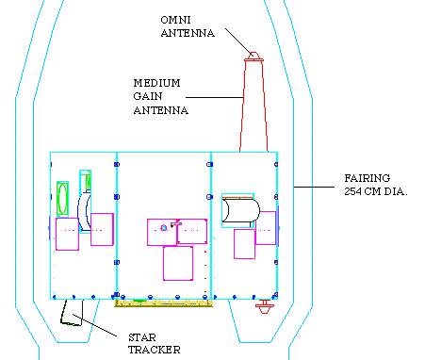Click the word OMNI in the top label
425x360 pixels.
(175, 20)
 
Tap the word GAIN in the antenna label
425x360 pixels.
(148, 96)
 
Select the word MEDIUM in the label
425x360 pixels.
(156, 83)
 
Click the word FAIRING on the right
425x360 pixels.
(368, 178)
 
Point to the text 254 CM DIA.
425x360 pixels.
(376, 191)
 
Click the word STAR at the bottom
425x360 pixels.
(142, 337)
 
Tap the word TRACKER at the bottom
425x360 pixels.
(155, 350)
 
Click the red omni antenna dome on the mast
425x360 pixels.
(253, 56)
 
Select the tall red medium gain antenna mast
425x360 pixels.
(253, 106)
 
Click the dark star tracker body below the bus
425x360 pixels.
(72, 313)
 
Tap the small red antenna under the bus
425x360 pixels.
(265, 306)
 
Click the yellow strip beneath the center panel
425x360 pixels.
(163, 303)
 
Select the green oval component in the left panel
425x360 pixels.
(62, 199)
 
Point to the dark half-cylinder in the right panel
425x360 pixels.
(240, 210)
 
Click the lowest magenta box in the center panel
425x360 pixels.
(178, 263)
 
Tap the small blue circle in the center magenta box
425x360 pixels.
(164, 228)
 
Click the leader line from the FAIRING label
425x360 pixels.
(314, 187)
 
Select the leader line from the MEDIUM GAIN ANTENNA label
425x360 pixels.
(215, 97)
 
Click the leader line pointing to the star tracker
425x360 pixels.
(94, 325)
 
